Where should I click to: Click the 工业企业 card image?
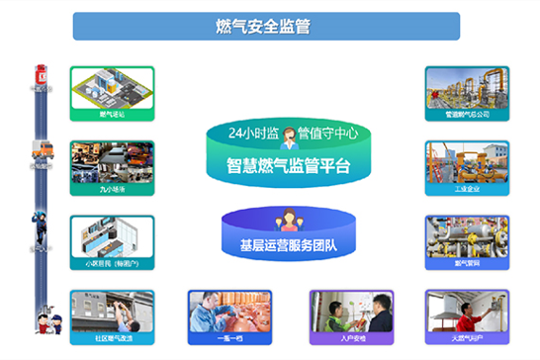pos(467,163)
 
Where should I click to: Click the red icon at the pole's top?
pos(42,74)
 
